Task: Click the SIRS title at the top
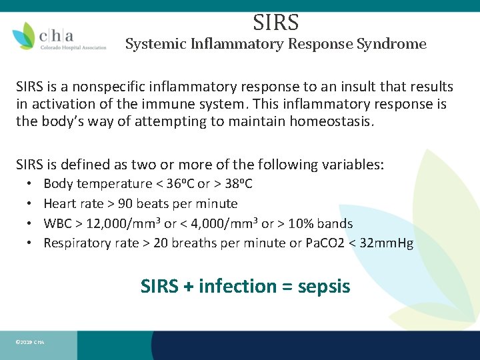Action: pyautogui.click(x=275, y=23)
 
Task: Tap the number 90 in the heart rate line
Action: pyautogui.click(x=125, y=203)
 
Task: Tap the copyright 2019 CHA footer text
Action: pyautogui.click(x=29, y=343)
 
